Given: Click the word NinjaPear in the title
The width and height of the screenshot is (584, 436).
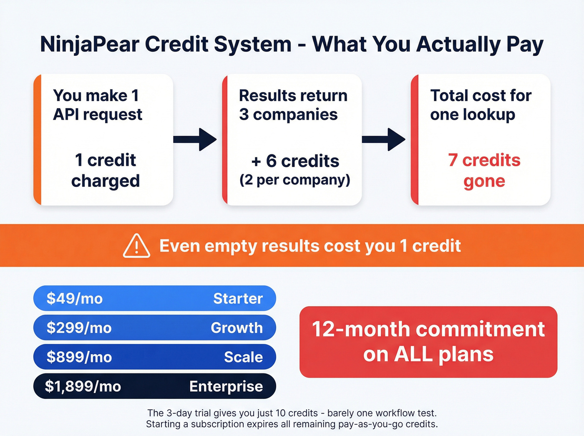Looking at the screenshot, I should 90,44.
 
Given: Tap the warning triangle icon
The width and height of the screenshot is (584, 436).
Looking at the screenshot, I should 136,246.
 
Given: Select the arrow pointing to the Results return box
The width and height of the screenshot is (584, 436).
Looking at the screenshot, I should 195,139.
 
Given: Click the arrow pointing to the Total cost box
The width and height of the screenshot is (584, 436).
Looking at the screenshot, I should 384,139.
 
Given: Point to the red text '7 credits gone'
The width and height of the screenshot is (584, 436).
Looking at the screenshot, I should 484,170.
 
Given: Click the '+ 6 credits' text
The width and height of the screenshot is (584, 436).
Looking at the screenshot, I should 295,161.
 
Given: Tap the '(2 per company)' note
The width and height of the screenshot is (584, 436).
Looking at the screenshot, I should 295,180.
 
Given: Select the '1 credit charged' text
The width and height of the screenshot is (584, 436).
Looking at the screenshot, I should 105,170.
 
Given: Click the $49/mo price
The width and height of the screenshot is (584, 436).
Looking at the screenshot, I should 74,298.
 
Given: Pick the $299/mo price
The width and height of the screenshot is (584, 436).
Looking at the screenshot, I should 79,328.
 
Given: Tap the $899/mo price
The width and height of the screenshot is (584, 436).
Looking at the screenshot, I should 79,357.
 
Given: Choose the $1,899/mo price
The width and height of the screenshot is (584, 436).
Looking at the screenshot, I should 83,386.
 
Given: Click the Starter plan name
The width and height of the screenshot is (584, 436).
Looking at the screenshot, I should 238,298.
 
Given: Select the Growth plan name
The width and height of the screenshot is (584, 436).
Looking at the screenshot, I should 237,328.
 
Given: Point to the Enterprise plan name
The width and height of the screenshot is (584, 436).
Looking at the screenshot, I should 226,386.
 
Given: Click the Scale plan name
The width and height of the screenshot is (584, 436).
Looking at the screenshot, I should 243,357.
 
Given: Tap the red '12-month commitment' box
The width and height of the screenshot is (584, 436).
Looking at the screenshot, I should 428,342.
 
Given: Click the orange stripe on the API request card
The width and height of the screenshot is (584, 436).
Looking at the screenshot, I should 38,140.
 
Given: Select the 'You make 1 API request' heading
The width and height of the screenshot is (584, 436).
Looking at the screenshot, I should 97,105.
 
